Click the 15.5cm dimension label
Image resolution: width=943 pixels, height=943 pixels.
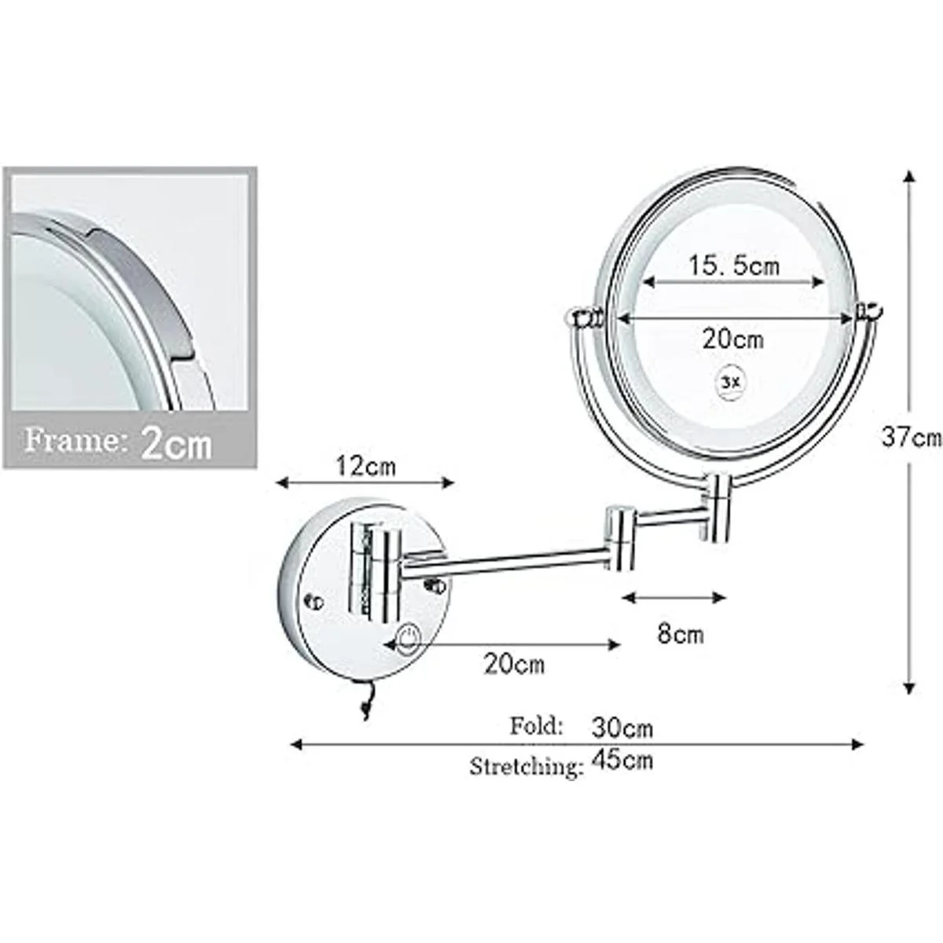pyautogui.click(x=734, y=266)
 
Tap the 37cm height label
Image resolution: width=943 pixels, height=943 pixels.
pyautogui.click(x=912, y=437)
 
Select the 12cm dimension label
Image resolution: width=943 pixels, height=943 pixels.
pyautogui.click(x=365, y=466)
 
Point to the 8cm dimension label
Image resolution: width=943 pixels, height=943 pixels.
pyautogui.click(x=681, y=634)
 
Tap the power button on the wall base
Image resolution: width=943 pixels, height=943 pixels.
pyautogui.click(x=408, y=640)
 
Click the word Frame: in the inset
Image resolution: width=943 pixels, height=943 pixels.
pyautogui.click(x=72, y=440)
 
